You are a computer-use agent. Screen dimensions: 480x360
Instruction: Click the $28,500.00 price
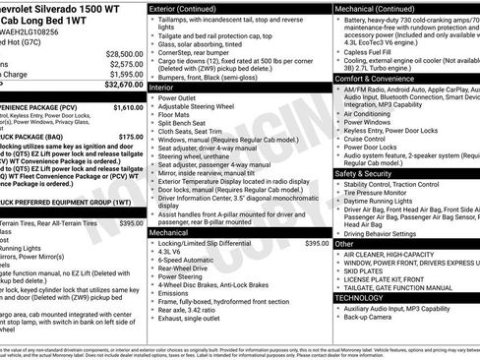click(124, 53)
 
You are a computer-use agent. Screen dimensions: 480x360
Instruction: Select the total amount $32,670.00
click(124, 85)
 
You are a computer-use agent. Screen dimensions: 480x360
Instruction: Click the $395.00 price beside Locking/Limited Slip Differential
click(317, 242)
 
